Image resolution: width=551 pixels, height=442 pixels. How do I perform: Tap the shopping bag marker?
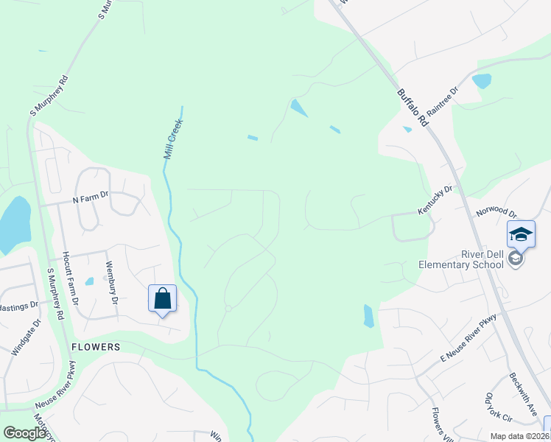tap(162, 299)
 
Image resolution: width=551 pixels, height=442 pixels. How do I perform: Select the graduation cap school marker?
tap(521, 234)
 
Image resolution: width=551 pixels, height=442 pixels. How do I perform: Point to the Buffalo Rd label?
tap(412, 108)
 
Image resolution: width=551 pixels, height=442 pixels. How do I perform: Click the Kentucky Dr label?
tap(435, 200)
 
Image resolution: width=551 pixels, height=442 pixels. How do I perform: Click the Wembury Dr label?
tap(111, 283)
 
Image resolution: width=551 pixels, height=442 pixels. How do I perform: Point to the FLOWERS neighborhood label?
tap(96, 345)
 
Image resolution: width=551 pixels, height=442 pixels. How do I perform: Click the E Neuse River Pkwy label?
tap(468, 337)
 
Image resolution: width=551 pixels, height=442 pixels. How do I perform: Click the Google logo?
tap(24, 433)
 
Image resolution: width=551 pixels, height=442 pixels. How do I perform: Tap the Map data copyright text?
tap(519, 436)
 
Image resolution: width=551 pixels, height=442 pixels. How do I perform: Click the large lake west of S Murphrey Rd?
tap(13, 222)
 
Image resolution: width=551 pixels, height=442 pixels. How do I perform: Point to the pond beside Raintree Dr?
tap(482, 80)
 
